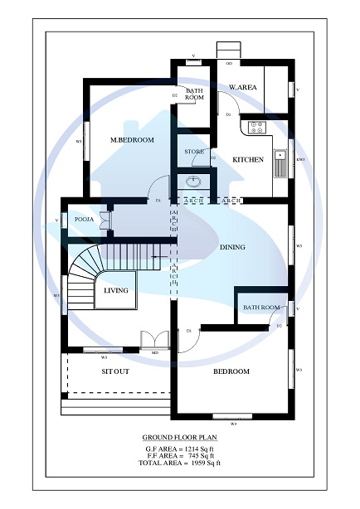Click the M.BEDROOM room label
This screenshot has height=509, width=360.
(x=133, y=140)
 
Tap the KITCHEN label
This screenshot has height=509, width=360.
(x=247, y=159)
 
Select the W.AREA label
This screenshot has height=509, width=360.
(x=241, y=87)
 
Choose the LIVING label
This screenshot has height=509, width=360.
(x=115, y=290)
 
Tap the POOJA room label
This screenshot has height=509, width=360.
(x=84, y=219)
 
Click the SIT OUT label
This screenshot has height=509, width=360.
(x=115, y=371)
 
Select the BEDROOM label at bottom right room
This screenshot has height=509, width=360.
(x=231, y=371)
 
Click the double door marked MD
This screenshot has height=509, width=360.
(x=153, y=341)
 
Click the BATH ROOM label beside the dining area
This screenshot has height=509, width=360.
(x=260, y=308)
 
